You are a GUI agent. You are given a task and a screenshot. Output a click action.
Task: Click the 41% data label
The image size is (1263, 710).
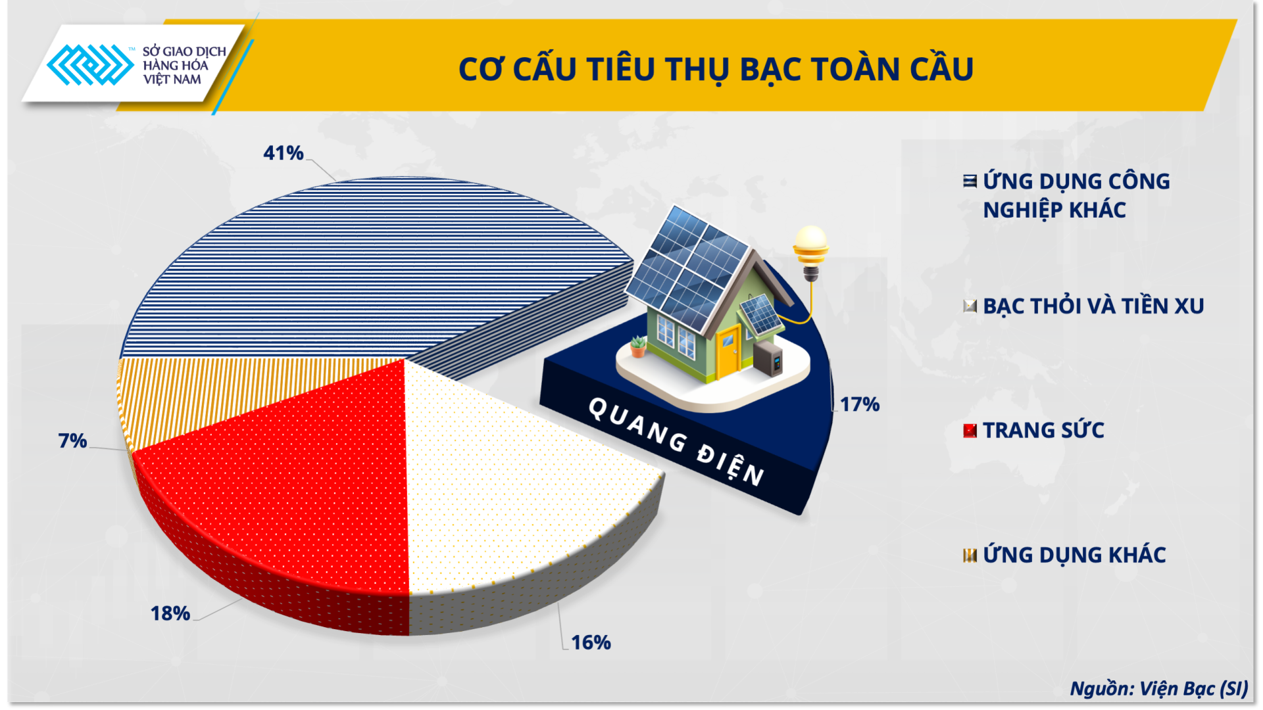(283, 153)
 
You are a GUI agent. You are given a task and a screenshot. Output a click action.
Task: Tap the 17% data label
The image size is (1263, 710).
(859, 404)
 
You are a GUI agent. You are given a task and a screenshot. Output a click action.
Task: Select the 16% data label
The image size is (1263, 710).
(591, 642)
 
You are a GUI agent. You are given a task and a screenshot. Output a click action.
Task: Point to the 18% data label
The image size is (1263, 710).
(170, 613)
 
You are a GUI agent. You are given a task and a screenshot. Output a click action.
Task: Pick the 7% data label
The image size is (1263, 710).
(72, 440)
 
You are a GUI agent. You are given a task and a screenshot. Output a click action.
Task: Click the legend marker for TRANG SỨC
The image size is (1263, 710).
(970, 431)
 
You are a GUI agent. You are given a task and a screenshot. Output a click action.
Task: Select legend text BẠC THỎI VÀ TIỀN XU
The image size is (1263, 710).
(1093, 306)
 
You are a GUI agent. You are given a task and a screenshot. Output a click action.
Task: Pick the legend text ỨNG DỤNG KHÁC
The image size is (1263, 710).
(1074, 556)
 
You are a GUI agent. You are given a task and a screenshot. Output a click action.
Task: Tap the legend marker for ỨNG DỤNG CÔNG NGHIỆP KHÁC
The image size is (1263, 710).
(970, 181)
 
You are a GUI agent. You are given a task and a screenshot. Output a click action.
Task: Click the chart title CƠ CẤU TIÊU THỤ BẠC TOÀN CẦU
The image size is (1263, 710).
(716, 69)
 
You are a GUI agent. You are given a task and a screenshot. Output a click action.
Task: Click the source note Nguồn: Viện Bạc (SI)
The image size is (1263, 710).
(1158, 688)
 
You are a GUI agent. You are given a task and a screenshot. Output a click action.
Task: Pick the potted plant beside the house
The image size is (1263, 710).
(637, 346)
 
